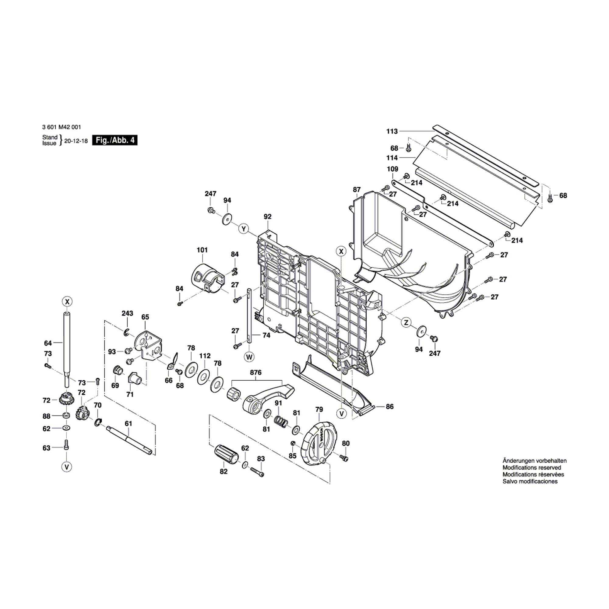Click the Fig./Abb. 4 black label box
coord(115,140)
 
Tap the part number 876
coord(256,372)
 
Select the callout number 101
coord(202,250)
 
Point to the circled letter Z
coord(406,322)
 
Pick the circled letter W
coord(249,357)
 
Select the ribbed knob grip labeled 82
coord(227,454)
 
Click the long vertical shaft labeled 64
coord(67,347)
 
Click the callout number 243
coord(127,313)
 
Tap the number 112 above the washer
coord(205,356)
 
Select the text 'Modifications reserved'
coord(532,468)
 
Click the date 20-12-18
coord(76,141)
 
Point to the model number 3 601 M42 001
coord(62,127)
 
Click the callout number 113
coord(392,131)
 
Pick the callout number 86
coord(390,407)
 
